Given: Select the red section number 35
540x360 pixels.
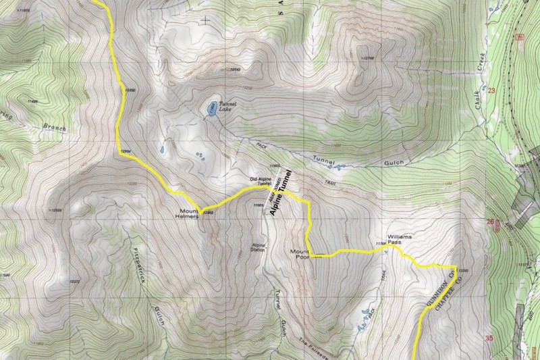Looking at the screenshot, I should click(x=490, y=337).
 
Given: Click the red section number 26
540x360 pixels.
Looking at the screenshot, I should click(x=491, y=221).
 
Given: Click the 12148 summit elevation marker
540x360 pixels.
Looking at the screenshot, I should click(x=367, y=58).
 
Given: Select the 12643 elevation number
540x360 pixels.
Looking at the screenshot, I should click(x=234, y=68).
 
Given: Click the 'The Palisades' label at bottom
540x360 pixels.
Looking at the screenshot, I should click(x=315, y=345).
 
